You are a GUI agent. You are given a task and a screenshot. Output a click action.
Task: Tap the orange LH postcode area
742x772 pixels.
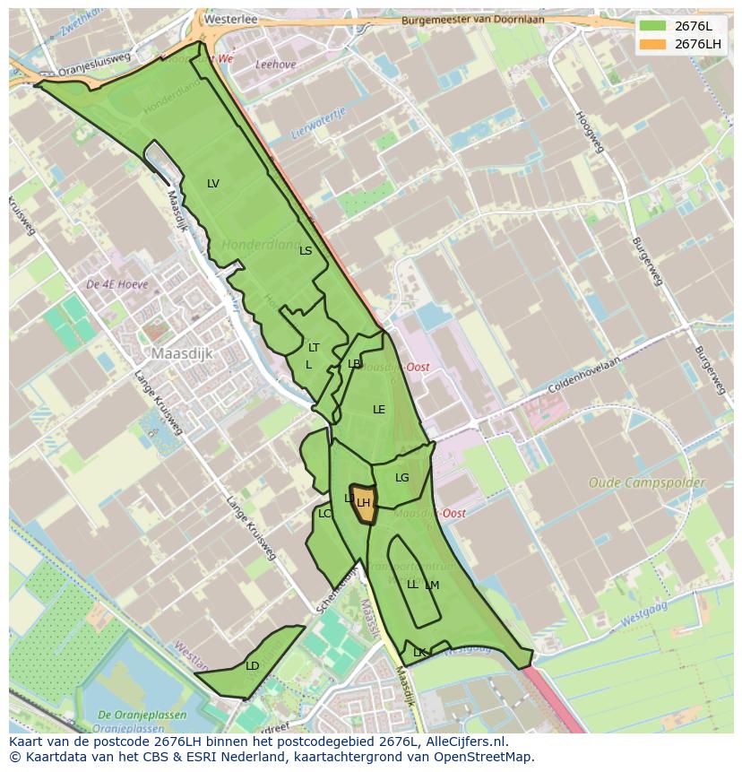pos(363,500)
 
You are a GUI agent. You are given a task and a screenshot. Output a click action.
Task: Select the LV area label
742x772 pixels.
pos(213,184)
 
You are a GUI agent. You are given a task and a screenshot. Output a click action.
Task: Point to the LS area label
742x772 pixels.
pos(306,251)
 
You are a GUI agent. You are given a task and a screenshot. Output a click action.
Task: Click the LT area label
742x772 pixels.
pos(314,348)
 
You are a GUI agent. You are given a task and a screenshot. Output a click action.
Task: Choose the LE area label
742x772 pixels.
pos(379,410)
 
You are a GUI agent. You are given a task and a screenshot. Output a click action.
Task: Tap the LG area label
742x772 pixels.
pos(401,478)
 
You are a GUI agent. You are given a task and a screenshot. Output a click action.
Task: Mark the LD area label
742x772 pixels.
pos(253,666)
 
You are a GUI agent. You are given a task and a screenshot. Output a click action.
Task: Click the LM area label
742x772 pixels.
pos(433,586)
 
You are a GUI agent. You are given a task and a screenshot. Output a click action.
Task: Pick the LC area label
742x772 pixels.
pos(324,514)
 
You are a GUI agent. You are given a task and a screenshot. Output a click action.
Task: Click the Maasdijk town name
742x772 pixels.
pos(182,354)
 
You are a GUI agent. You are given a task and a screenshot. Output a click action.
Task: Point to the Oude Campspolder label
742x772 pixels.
pos(646,482)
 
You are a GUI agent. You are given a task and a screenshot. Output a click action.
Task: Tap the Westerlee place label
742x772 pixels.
pos(230,18)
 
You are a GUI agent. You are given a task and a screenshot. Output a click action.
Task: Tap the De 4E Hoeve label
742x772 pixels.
pos(116,284)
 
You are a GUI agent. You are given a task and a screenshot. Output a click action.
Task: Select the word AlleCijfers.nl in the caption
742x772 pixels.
pos(466,742)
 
